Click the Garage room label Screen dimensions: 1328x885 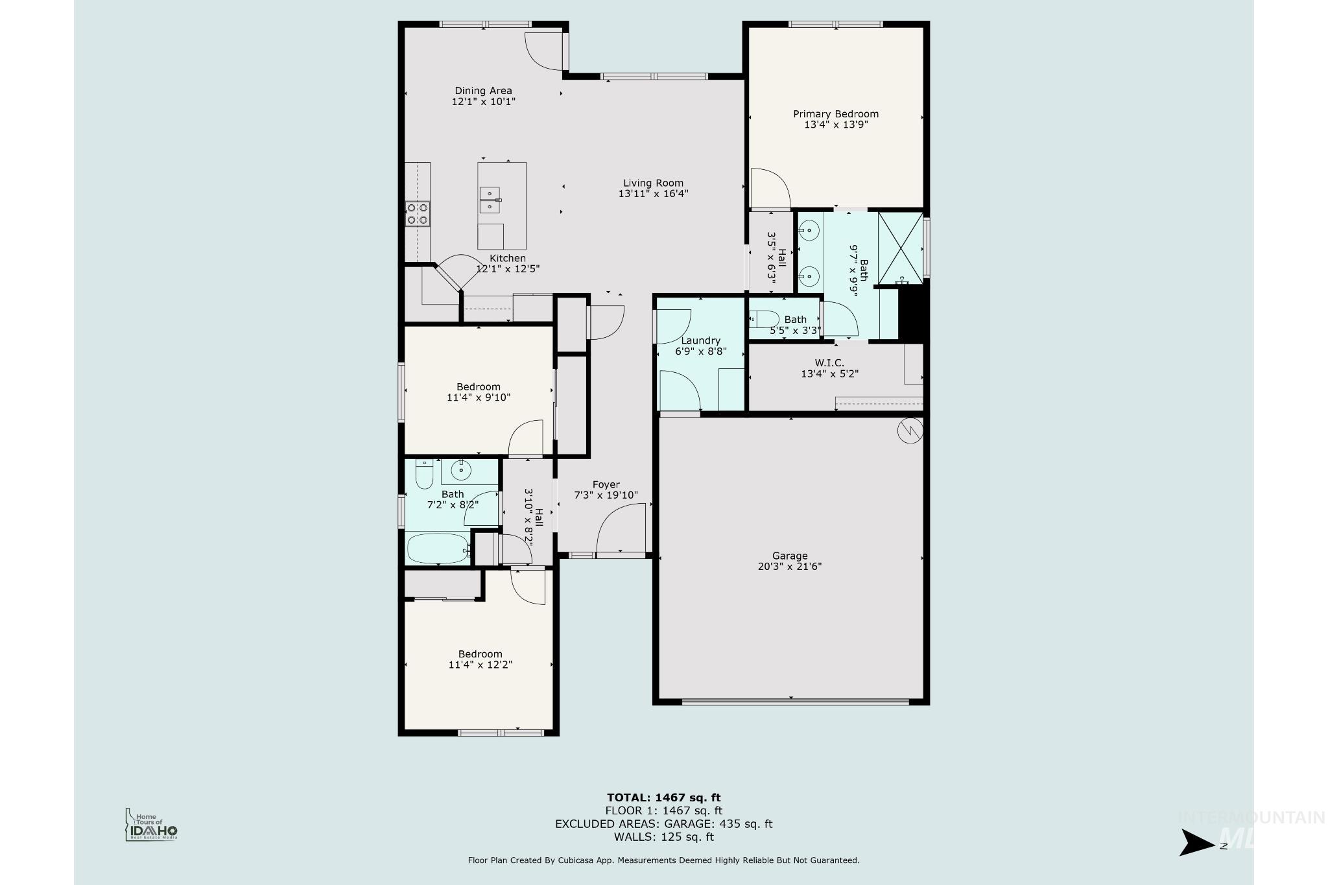pos(790,556)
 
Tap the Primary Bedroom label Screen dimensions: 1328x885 pos(836,114)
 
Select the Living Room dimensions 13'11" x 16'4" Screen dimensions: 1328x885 pos(653,193)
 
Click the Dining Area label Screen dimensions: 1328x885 pos(483,91)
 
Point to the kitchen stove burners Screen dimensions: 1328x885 pos(418,214)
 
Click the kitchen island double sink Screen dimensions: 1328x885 pos(490,200)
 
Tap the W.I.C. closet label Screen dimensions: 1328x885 pos(829,363)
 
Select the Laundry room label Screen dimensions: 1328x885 pos(701,340)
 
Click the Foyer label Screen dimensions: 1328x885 pos(606,484)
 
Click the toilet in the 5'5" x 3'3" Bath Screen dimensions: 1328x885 pos(764,319)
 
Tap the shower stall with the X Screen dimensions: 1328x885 pos(900,248)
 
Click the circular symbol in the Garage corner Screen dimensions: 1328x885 pos(910,431)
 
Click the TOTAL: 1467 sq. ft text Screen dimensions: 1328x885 pos(664,798)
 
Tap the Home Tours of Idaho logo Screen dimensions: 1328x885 pos(151,825)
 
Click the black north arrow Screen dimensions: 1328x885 pos(1197,843)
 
